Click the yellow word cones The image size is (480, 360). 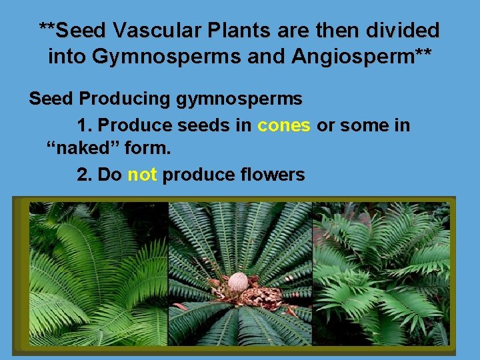[284, 125]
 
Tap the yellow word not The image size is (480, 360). [141, 175]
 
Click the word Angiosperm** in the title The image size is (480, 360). [361, 57]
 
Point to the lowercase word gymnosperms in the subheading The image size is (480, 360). [239, 100]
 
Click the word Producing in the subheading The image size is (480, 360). [127, 100]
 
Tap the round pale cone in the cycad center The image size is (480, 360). [237, 283]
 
